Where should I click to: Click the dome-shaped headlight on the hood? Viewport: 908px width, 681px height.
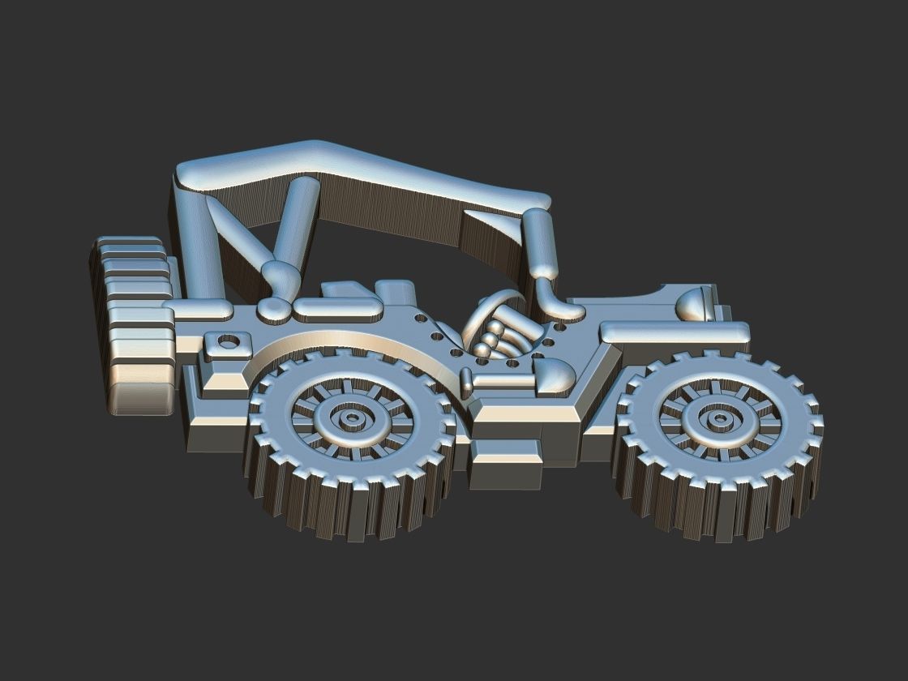[x=693, y=302]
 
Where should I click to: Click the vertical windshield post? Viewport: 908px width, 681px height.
[x=540, y=243]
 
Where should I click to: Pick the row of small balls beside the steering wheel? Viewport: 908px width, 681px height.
[x=490, y=336]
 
